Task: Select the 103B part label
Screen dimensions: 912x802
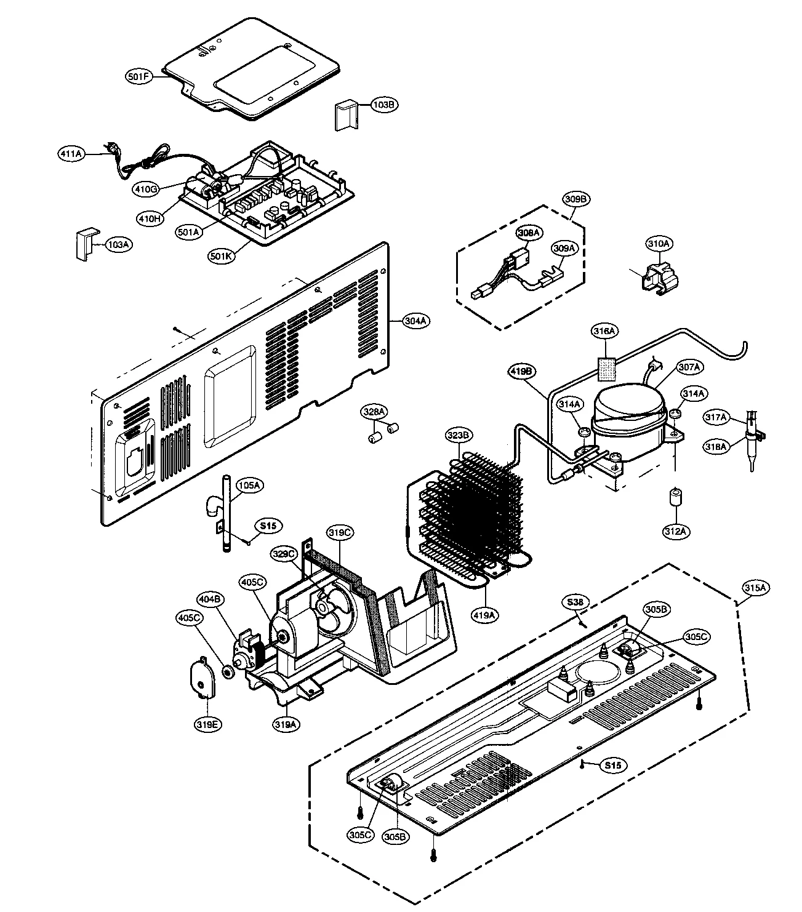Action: click(383, 105)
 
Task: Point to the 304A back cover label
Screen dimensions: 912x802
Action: click(417, 321)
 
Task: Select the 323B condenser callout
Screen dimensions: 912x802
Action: click(459, 435)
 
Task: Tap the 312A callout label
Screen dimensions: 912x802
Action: click(675, 530)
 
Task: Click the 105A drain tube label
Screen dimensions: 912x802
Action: click(249, 486)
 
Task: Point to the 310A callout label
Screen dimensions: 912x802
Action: click(658, 244)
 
